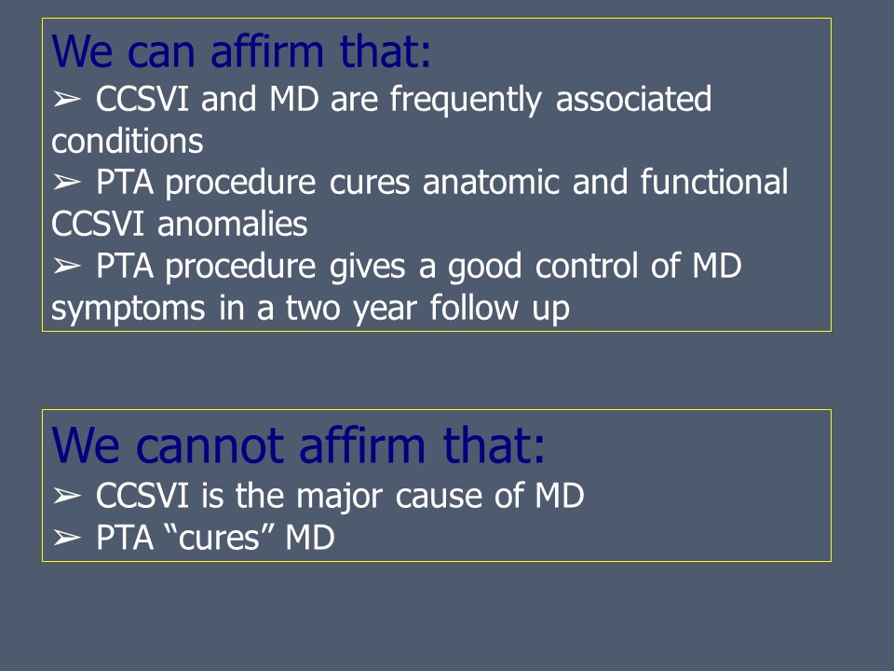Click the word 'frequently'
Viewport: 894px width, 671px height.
coord(466,100)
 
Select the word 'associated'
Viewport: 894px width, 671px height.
coord(633,99)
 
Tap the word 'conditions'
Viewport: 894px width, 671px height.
coord(128,141)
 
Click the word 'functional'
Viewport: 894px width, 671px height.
coord(714,182)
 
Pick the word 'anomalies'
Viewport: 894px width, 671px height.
coord(232,224)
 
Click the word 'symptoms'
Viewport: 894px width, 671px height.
coord(129,309)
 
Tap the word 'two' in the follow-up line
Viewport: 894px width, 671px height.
coord(313,308)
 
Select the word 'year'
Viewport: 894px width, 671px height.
coord(385,309)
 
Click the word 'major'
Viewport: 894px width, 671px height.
coord(339,496)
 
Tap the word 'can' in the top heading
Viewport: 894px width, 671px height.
coord(161,52)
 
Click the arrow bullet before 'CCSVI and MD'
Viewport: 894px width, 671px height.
coord(66,100)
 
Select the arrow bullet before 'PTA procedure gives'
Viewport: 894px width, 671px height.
coord(66,266)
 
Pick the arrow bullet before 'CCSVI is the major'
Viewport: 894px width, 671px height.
coord(66,496)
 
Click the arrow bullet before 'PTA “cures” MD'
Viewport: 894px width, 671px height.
coord(66,538)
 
